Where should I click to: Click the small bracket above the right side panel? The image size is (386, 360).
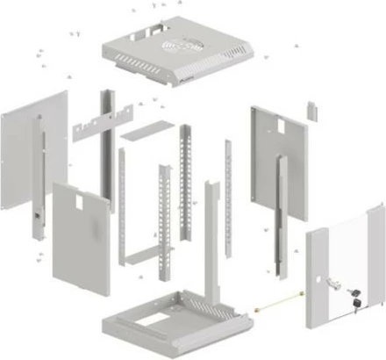(311, 110)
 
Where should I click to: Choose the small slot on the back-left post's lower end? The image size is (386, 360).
(36, 214)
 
